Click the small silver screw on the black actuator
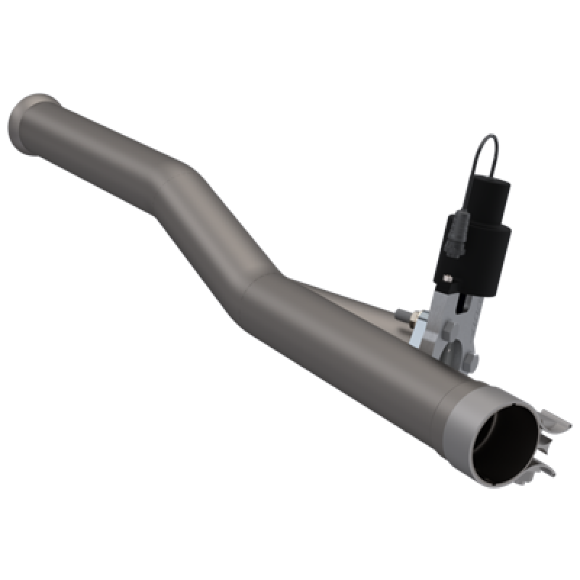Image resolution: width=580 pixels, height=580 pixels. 449,277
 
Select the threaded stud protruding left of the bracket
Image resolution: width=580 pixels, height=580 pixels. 403,316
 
